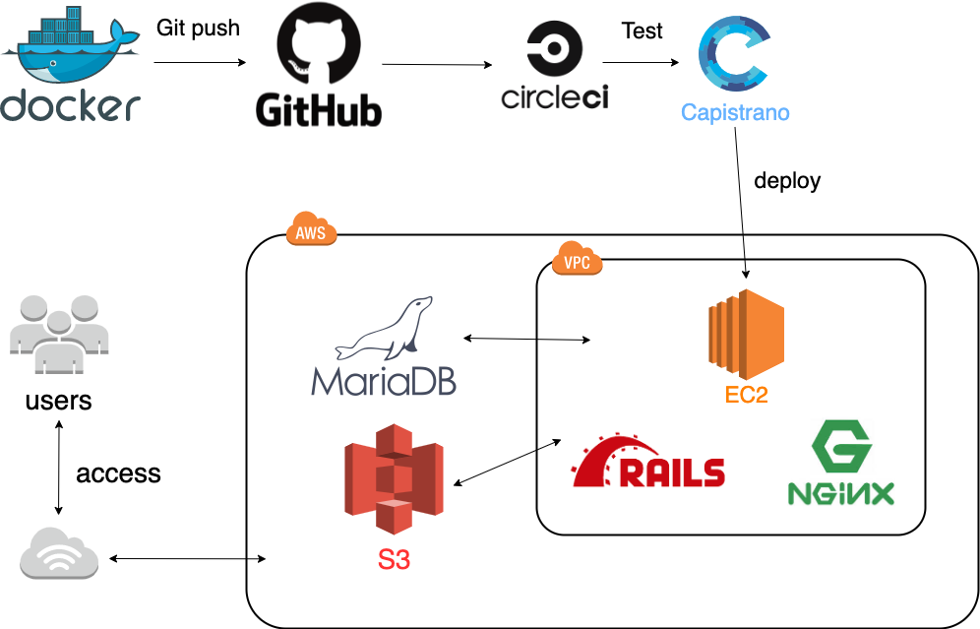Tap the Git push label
pos(198,28)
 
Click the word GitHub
pos(318,109)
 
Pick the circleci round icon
pos(555,48)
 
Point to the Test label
pos(643,31)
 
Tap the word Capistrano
pos(735,112)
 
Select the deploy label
pos(787,180)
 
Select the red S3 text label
pos(394,560)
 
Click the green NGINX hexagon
pos(841,449)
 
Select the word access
pos(118,473)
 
